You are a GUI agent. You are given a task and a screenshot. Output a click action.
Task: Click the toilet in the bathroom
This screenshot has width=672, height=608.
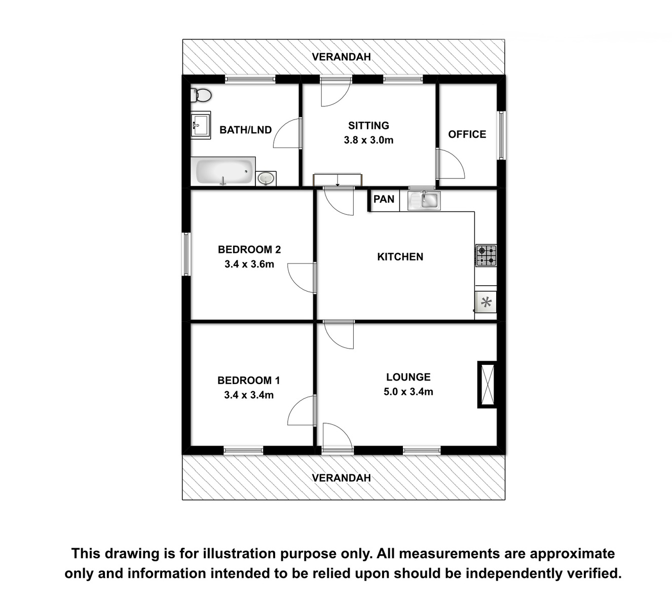[201, 95]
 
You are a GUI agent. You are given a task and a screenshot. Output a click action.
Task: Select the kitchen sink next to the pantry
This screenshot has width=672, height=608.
[424, 200]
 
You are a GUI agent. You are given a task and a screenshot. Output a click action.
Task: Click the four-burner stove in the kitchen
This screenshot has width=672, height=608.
[486, 255]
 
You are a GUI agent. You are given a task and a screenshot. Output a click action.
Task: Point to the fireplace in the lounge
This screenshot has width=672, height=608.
[487, 384]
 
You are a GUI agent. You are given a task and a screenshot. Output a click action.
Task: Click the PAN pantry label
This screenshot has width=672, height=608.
[384, 199]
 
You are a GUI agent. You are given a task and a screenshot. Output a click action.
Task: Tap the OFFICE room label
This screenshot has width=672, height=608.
[467, 134]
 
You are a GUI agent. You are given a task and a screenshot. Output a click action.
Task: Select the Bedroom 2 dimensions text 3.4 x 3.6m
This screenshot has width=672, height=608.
[249, 264]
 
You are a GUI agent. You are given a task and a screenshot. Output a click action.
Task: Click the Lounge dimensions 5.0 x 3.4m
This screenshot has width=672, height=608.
[408, 391]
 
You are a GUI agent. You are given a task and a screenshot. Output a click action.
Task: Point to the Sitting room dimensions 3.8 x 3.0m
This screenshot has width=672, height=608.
[368, 140]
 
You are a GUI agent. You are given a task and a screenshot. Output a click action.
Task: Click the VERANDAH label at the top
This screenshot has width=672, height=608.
[342, 57]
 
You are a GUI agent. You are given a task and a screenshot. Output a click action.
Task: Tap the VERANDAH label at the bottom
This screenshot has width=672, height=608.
[342, 478]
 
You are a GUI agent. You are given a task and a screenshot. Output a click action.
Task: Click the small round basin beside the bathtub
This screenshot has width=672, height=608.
[267, 178]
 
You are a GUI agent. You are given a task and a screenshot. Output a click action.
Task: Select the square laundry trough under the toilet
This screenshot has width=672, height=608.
[201, 125]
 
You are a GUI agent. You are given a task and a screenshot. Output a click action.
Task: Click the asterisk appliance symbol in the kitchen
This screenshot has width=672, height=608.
[486, 302]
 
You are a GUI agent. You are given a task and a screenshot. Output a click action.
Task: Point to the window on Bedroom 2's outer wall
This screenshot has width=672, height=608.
[186, 254]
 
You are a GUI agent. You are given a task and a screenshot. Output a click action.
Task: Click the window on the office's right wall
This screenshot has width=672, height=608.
[501, 135]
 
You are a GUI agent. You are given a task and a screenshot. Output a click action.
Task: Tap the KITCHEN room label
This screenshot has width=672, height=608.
[400, 256]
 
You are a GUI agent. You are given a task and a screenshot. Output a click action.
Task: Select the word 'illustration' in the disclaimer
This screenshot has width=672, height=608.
[240, 553]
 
